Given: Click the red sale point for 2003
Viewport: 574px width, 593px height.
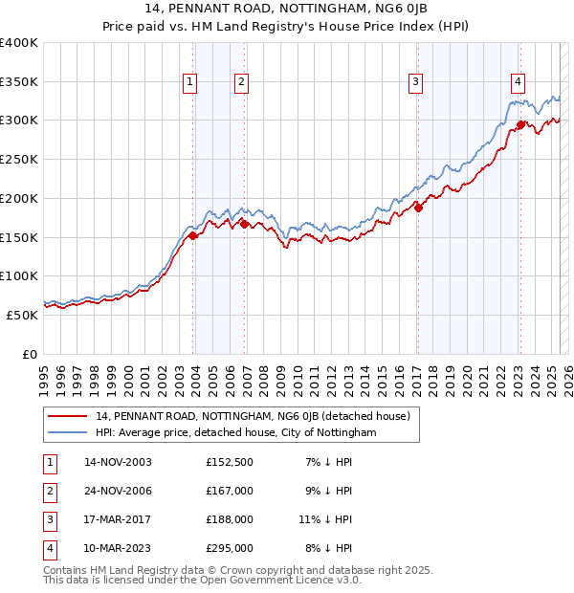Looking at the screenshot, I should coord(193,235).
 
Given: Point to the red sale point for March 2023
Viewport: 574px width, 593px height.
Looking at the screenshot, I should coord(520,124).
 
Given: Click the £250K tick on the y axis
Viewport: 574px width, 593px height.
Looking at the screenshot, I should coord(20,159).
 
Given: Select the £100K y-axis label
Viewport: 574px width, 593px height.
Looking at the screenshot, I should coord(20,275).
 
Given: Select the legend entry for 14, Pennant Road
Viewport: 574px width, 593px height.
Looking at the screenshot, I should coord(253,416).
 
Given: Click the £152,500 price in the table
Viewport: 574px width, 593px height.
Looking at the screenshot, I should coord(230,462).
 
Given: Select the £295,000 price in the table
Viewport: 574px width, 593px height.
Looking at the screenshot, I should coord(230,548).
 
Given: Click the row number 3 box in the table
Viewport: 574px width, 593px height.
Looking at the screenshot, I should coord(49,519).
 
